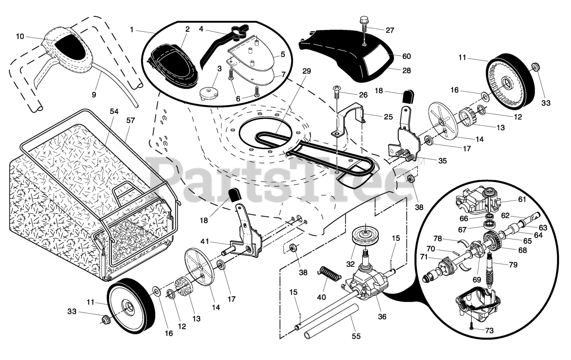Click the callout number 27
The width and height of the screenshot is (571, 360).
[x=390, y=30]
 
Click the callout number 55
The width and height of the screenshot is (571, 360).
[x=356, y=336]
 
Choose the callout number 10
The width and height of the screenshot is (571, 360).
[x=19, y=37]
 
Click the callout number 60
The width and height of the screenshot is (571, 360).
[x=406, y=57]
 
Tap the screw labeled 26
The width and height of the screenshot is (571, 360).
[x=337, y=93]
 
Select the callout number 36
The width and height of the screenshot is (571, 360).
[x=382, y=317]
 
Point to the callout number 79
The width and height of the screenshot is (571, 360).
[x=513, y=265]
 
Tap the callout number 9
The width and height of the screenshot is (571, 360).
[x=94, y=95]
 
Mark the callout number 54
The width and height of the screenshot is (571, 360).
[x=114, y=111]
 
